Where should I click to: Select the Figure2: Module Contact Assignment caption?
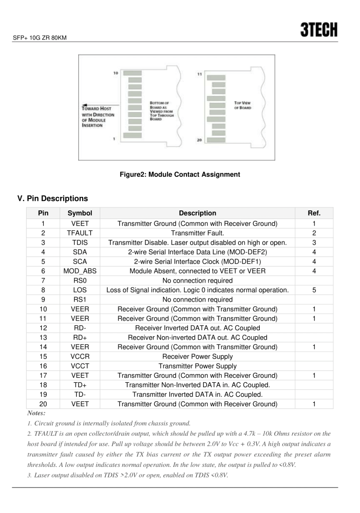[179, 174]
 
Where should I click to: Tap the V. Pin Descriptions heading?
[53, 198]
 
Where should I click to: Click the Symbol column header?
[80, 213]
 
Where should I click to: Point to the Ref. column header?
[313, 213]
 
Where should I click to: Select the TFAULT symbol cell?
[80, 233]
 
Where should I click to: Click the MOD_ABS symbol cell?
[80, 271]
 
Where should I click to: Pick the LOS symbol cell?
[80, 290]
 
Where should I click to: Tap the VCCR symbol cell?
[80, 357]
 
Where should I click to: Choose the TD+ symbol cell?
[80, 385]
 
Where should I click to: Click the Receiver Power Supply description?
[197, 357]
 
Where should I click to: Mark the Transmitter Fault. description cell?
[197, 233]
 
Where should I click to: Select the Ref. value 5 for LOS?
[313, 290]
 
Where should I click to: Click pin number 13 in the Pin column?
[44, 338]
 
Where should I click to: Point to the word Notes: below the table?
[36, 413]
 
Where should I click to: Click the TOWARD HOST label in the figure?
[97, 108]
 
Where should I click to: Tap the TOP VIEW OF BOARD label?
[243, 106]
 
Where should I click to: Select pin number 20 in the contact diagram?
[200, 140]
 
